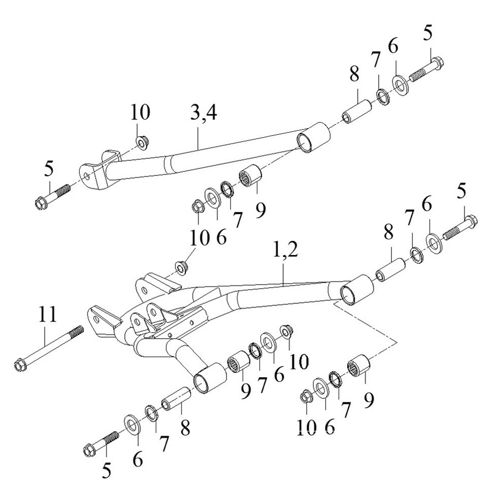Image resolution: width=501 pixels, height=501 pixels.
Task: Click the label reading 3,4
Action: click(x=203, y=114)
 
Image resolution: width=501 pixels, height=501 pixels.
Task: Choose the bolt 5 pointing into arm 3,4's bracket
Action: click(x=51, y=198)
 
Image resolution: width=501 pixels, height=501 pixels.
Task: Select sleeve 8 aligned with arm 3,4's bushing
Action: click(x=356, y=111)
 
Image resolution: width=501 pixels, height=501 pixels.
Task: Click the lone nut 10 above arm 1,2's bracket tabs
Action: click(x=181, y=266)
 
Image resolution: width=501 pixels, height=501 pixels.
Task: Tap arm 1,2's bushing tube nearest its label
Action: click(x=356, y=290)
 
